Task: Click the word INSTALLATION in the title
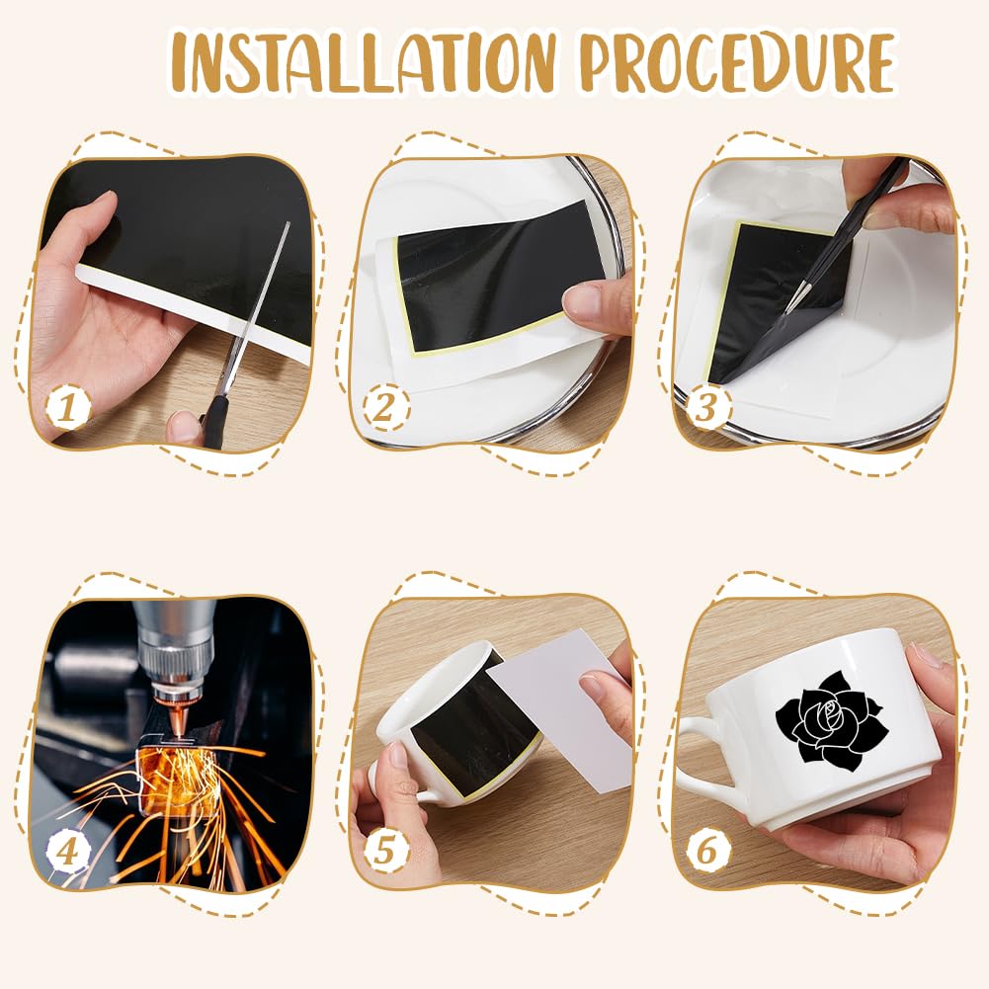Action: coord(364,63)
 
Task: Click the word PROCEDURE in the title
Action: coord(738,63)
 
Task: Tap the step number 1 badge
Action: coord(68,407)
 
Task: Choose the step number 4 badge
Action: coord(68,851)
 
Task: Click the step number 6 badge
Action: coord(705,851)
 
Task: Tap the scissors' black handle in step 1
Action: coord(214,421)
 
